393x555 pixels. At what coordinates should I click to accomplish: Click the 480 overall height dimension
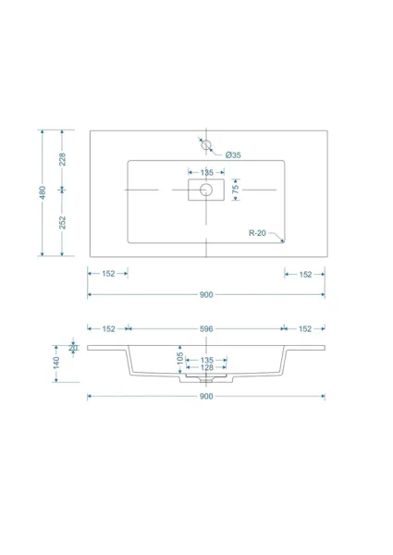coord(43,192)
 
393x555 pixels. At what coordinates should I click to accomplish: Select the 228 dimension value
coord(62,159)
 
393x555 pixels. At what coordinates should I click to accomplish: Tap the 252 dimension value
coord(62,222)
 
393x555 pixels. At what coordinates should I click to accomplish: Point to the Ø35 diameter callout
coord(233,154)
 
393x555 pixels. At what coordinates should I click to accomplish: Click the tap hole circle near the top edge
coord(206,144)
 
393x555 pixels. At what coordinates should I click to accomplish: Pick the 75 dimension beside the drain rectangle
coord(235,189)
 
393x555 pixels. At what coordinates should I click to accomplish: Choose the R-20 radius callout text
coord(257,233)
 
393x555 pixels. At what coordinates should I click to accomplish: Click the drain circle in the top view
coord(206,190)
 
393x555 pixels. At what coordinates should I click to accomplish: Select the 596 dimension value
coord(206,328)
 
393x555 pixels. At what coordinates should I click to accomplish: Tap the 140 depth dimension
coord(56,363)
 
